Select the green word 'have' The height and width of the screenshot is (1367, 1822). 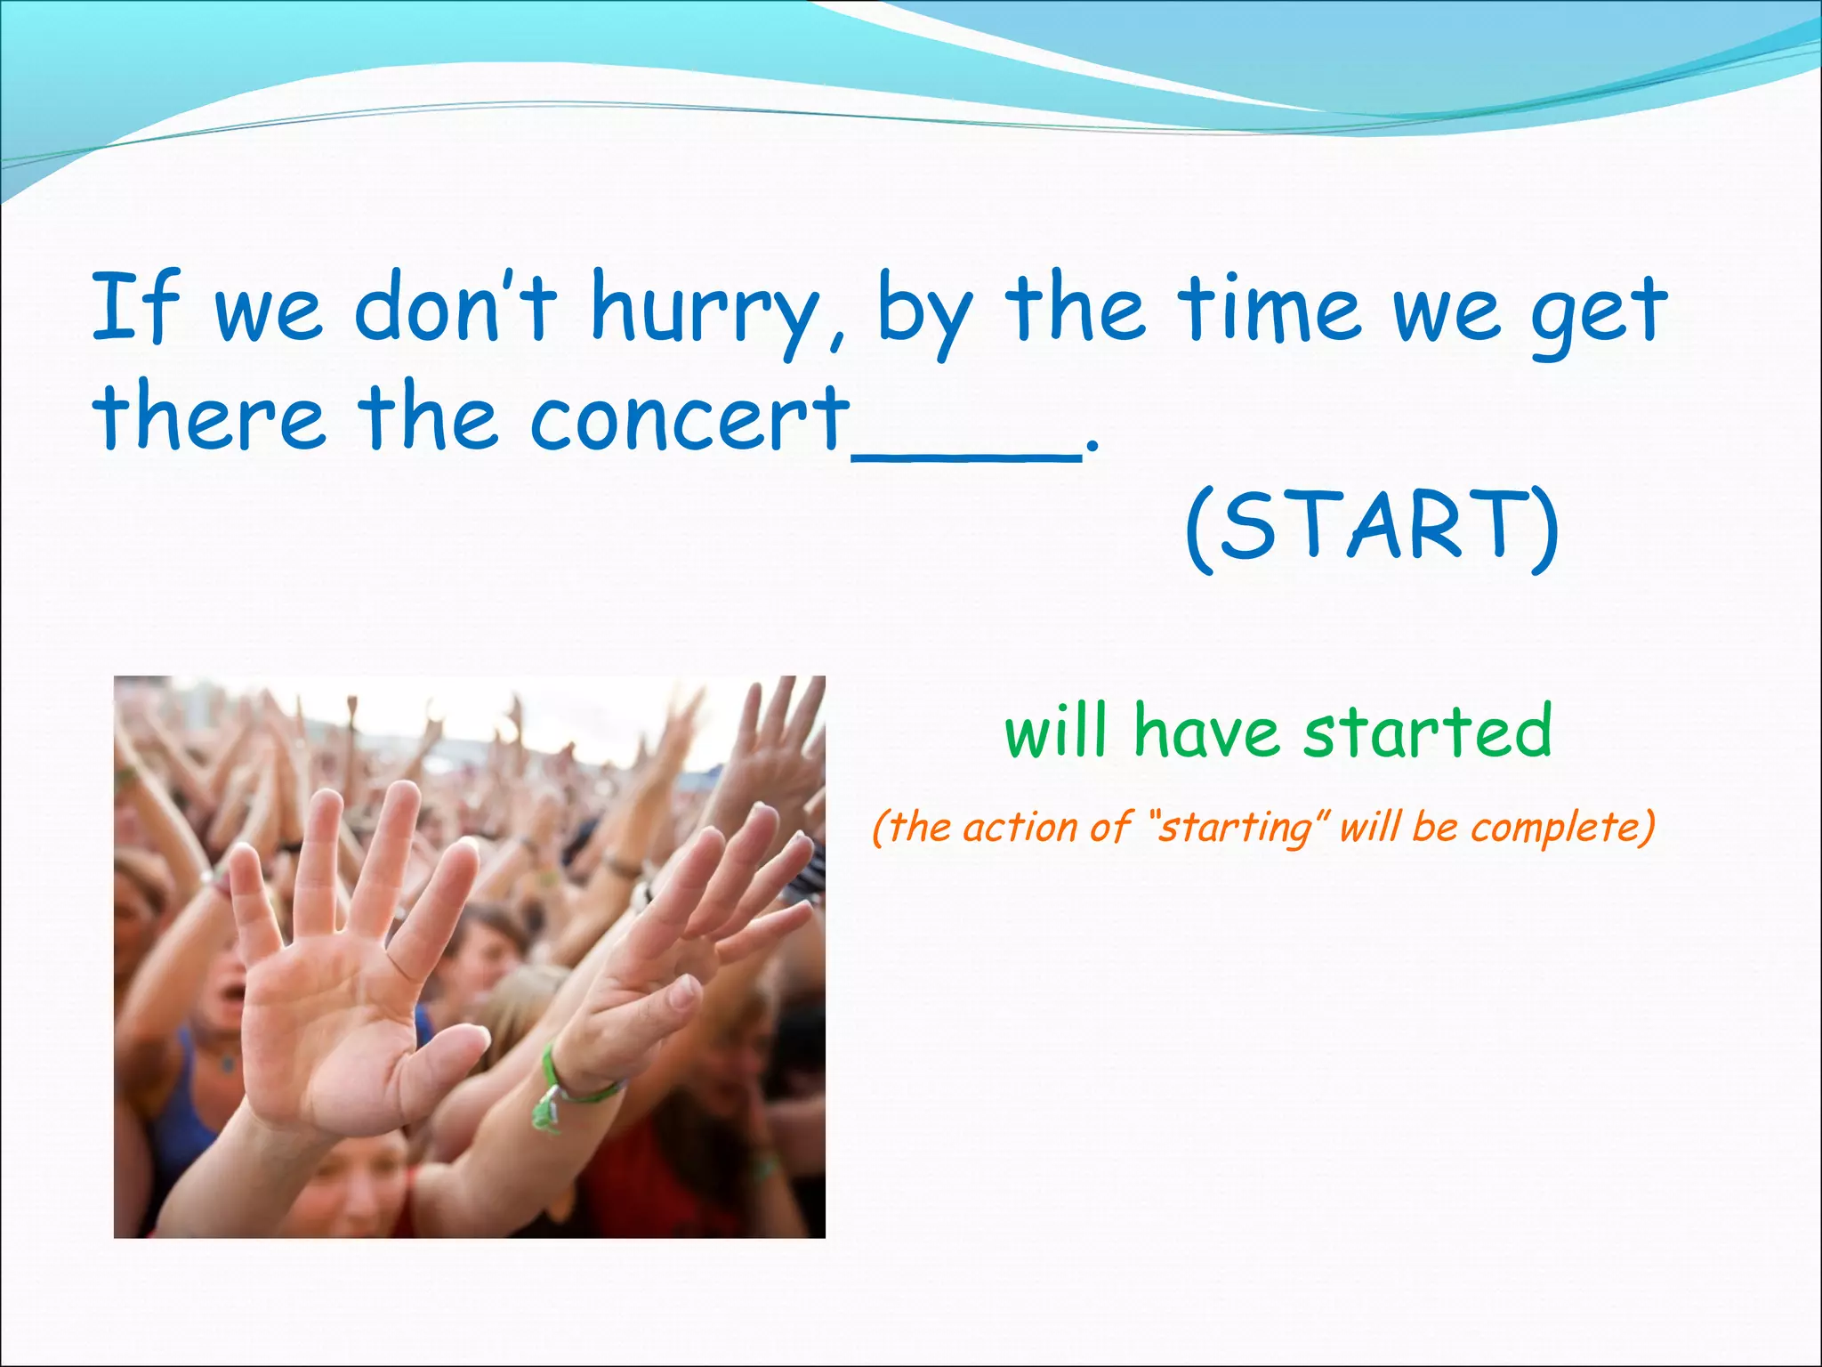pyautogui.click(x=1206, y=731)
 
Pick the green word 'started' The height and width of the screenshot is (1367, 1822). pyautogui.click(x=1427, y=731)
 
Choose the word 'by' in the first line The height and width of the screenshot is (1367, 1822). pyautogui.click(x=925, y=311)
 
